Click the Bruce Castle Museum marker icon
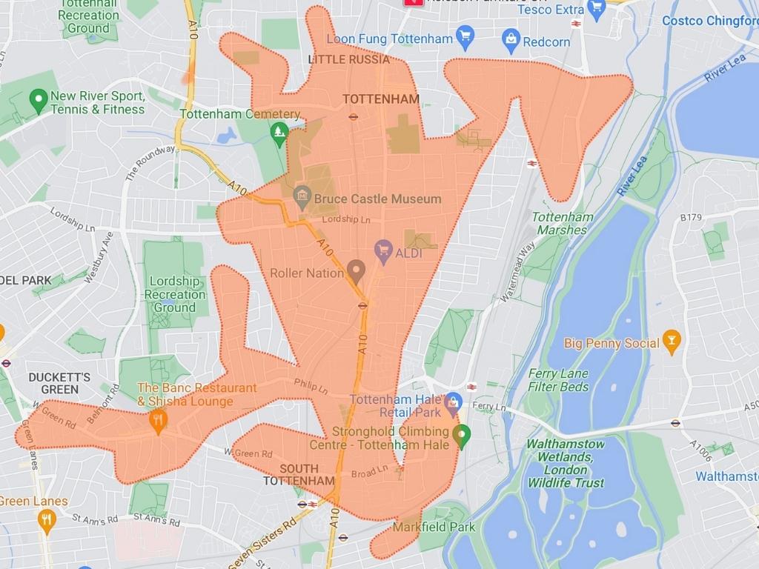click(x=302, y=197)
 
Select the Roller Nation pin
click(x=357, y=271)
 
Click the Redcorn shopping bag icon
click(x=511, y=39)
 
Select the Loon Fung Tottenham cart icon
click(x=465, y=36)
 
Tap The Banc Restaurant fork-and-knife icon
click(x=157, y=422)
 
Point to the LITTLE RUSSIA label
click(x=348, y=59)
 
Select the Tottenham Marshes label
click(x=563, y=223)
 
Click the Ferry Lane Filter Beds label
click(x=558, y=380)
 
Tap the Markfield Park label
click(x=434, y=528)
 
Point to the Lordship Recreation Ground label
click(x=175, y=294)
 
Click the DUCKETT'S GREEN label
click(x=59, y=383)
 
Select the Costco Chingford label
click(x=709, y=21)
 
